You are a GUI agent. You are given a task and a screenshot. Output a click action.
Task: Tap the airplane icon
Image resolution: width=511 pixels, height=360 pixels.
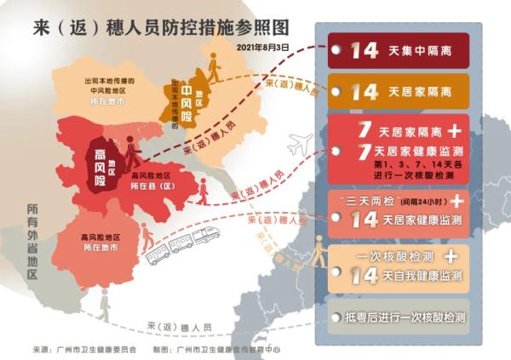point(300,145)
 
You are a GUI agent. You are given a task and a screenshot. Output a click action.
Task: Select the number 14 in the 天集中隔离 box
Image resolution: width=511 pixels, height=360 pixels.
point(365,50)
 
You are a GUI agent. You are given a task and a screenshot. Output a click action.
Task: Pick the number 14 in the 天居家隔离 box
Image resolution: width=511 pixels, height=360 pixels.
point(365,91)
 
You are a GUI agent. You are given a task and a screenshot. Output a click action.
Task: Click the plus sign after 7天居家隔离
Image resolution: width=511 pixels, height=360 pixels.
point(455,130)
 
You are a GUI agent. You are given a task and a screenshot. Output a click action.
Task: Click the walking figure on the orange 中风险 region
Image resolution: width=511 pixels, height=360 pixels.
point(213,69)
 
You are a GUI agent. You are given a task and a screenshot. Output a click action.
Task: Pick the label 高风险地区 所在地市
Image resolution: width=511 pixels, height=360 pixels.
point(100,242)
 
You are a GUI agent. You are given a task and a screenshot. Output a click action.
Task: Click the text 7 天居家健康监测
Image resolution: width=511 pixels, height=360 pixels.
point(408,151)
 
